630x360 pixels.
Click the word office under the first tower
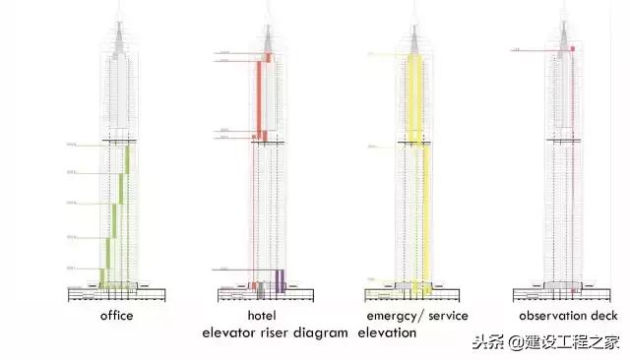point(116,316)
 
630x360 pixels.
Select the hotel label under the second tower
point(262,316)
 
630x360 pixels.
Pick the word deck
point(604,316)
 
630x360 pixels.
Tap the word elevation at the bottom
point(387,332)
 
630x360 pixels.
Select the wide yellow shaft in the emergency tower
point(414,98)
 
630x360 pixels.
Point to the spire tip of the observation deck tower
point(566,5)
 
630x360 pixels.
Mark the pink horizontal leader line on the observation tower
point(541,49)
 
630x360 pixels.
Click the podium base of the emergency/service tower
point(413,292)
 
